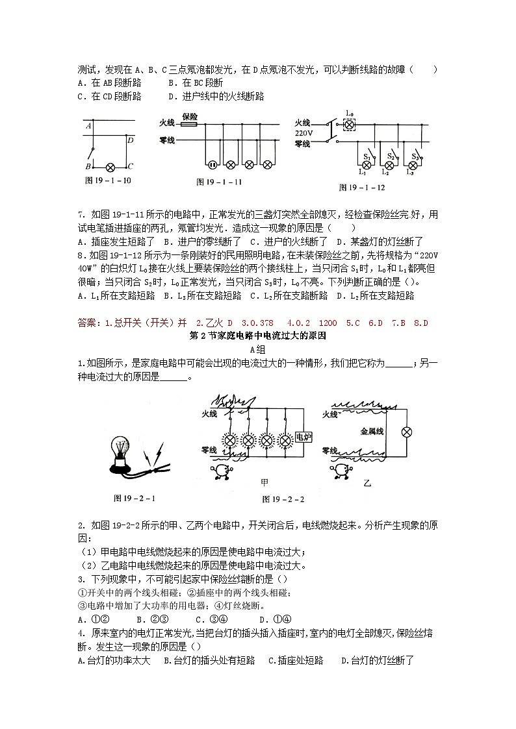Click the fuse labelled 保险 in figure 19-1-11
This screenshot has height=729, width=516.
(x=190, y=123)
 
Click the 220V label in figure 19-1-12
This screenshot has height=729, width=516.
(x=303, y=133)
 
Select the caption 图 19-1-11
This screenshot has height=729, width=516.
(x=219, y=182)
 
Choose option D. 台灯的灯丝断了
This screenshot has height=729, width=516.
(x=377, y=661)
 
